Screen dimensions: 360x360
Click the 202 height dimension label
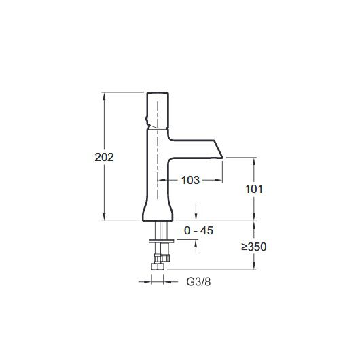pyautogui.click(x=104, y=158)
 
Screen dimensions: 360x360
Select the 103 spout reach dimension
pyautogui.click(x=190, y=180)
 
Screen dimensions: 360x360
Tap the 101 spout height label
pyautogui.click(x=254, y=190)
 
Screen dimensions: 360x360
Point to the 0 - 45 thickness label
pyautogui.click(x=198, y=230)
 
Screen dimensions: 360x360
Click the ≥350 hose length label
pyautogui.click(x=254, y=247)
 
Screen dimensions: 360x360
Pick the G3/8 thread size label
pyautogui.click(x=198, y=282)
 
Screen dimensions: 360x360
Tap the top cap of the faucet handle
pyautogui.click(x=158, y=93)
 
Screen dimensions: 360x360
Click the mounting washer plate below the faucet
pyautogui.click(x=162, y=241)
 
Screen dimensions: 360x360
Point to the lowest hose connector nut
pyautogui.click(x=158, y=266)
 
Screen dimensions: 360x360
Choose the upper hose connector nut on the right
pyautogui.click(x=165, y=258)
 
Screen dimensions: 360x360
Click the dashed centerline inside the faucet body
pyautogui.click(x=158, y=150)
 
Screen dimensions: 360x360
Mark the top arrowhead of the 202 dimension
pyautogui.click(x=104, y=96)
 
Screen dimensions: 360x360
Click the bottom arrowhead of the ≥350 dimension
pyautogui.click(x=254, y=266)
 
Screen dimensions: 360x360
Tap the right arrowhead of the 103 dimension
pyautogui.click(x=219, y=180)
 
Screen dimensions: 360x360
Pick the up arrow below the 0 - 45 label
pyautogui.click(x=196, y=247)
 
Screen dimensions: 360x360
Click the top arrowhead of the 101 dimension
pyautogui.click(x=254, y=161)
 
